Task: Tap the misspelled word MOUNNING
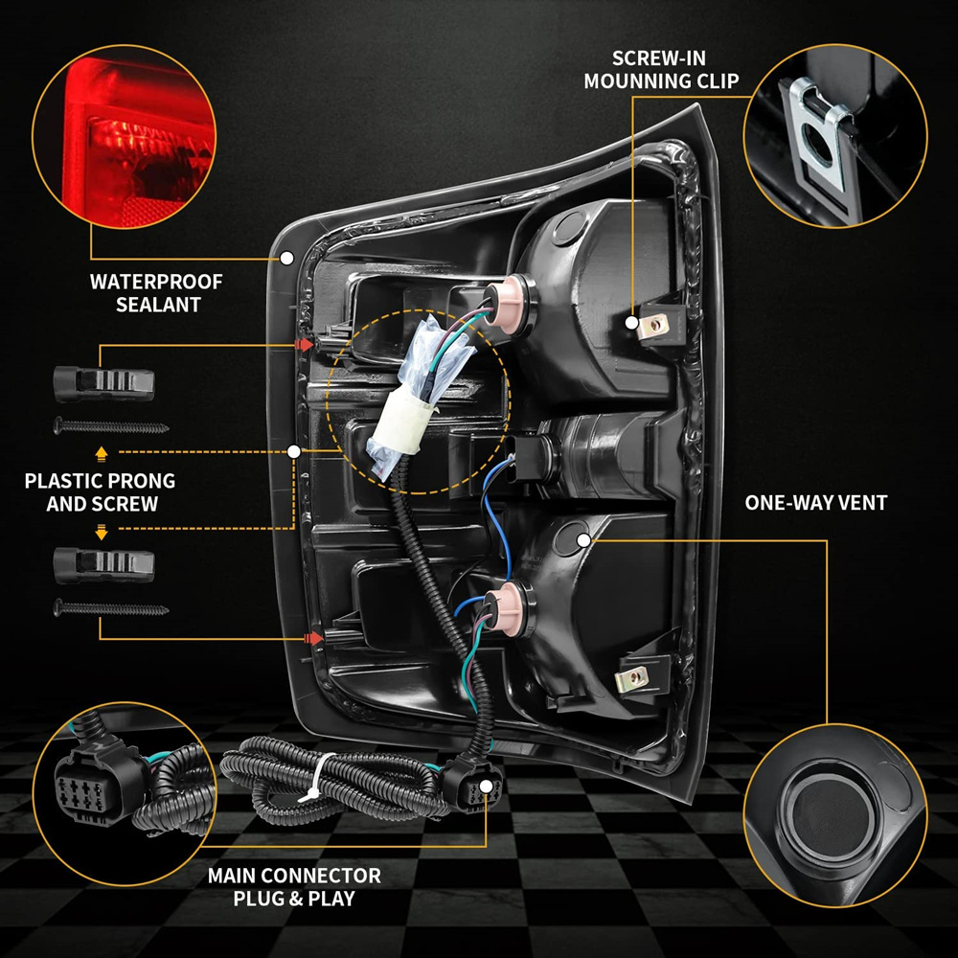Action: click(635, 80)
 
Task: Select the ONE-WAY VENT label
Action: click(815, 502)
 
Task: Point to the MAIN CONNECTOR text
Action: click(294, 876)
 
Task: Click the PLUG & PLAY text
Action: click(294, 899)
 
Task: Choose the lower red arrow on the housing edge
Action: click(310, 636)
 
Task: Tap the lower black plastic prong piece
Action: click(103, 563)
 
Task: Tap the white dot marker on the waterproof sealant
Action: click(286, 259)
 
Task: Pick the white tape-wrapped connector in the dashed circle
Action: click(400, 430)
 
